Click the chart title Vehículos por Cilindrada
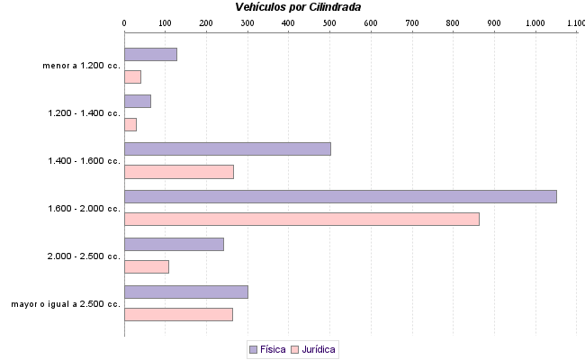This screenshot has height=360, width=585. click(298, 7)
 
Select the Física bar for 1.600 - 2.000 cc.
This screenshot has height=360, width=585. click(340, 196)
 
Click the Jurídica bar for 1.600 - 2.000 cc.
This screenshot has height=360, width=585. click(301, 219)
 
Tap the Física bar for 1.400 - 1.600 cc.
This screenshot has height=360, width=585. click(227, 148)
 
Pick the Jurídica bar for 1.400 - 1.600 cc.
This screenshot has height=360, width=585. click(178, 172)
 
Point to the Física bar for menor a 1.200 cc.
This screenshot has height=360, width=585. click(150, 54)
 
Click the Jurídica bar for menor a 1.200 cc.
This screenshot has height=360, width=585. click(132, 76)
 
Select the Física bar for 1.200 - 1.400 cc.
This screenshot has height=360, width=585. click(137, 101)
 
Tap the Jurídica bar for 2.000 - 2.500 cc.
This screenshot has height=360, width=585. click(146, 266)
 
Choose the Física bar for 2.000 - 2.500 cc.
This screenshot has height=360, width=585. click(174, 244)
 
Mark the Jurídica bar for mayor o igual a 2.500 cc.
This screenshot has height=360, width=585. click(178, 314)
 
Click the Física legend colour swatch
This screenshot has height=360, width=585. click(253, 349)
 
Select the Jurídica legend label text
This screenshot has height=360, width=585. click(319, 349)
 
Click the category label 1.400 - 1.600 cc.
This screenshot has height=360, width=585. click(84, 161)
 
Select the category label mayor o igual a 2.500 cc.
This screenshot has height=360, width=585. click(66, 304)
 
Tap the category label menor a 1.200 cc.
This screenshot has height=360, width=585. click(81, 66)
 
